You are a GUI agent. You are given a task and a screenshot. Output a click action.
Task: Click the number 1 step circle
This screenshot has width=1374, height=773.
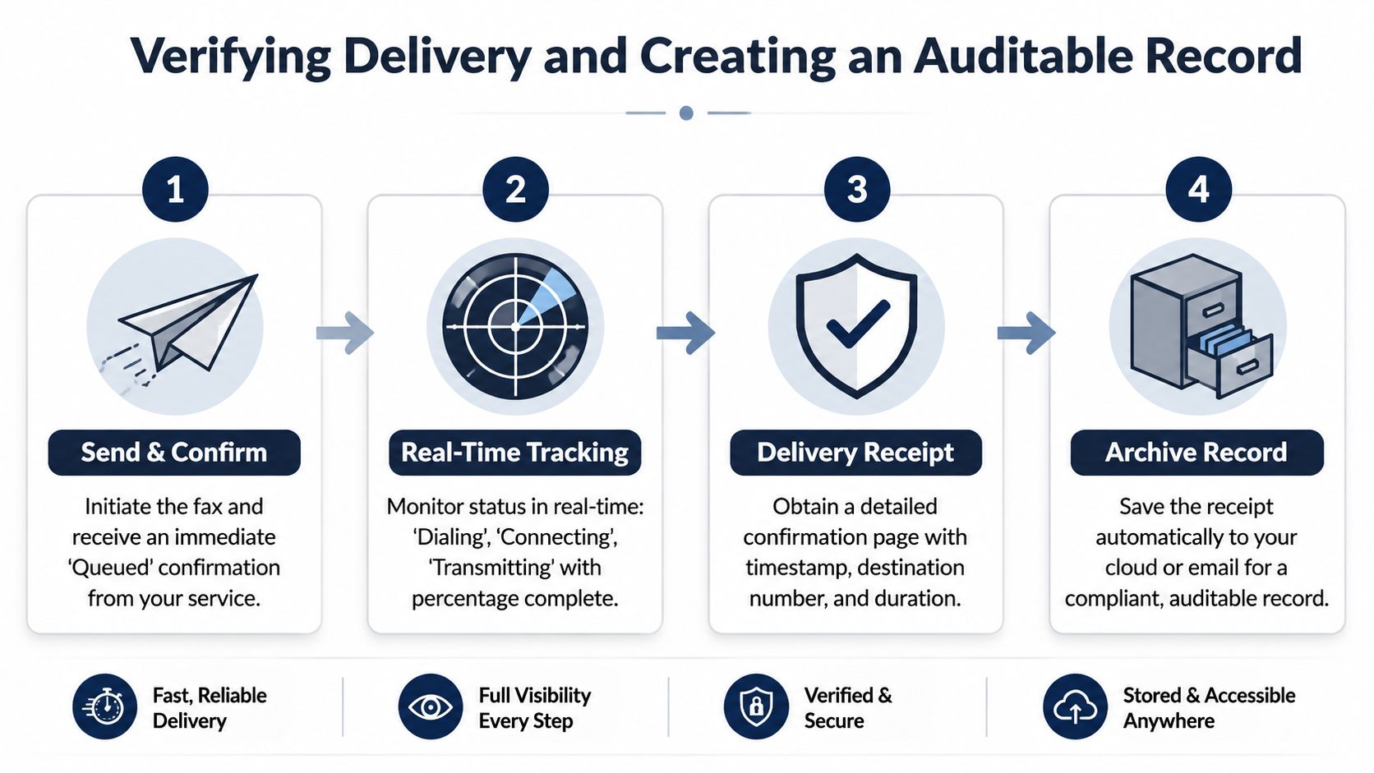tap(175, 189)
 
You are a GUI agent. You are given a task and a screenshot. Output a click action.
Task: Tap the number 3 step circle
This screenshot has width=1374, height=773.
tap(857, 189)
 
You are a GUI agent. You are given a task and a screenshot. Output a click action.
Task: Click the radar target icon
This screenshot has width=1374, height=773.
tap(515, 327)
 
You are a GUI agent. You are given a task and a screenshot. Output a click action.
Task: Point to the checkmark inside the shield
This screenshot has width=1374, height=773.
tap(858, 324)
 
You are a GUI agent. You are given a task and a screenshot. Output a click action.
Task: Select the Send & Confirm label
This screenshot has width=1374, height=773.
tap(174, 453)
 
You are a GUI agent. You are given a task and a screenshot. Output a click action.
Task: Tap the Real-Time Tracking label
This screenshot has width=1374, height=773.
tap(514, 453)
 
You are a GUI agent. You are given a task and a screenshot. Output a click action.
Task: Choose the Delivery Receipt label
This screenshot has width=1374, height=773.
tap(855, 453)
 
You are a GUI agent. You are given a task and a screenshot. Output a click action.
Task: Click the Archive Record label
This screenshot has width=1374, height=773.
tap(1196, 453)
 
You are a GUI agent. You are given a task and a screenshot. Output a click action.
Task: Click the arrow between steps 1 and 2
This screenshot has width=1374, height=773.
tap(344, 333)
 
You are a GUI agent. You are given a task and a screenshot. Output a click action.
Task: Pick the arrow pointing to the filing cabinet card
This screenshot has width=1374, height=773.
tap(1026, 333)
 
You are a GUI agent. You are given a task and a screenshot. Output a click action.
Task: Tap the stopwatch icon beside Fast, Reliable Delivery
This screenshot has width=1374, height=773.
tap(104, 706)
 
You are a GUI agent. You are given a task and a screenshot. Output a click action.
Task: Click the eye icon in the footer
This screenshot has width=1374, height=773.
tap(430, 706)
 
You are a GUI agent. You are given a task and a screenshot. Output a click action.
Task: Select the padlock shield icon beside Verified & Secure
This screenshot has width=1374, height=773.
tap(756, 706)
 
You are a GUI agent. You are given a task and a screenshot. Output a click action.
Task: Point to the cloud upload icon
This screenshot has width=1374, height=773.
tap(1075, 706)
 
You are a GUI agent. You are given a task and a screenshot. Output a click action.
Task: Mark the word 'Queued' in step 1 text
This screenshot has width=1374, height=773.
tap(110, 568)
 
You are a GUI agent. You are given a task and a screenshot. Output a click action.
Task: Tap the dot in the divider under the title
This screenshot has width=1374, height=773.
tap(686, 113)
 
